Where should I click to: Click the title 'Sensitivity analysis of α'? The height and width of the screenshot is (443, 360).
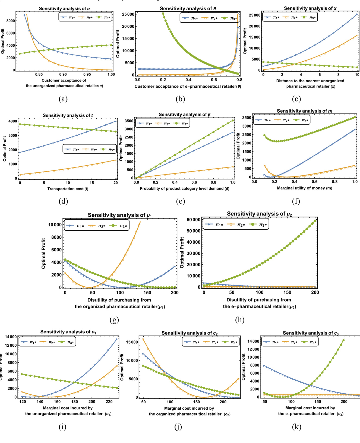click(64, 9)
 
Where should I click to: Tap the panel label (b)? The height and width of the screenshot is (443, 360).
click(180, 99)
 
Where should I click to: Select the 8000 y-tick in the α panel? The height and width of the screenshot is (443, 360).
click(11, 21)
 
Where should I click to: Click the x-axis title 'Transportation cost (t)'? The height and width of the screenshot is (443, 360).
click(68, 189)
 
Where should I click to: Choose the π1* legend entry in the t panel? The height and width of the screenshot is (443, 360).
click(72, 149)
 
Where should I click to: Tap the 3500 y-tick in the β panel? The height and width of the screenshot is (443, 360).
click(129, 121)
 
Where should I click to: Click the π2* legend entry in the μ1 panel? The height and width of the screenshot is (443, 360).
click(99, 226)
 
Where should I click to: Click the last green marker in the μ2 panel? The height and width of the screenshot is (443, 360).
click(315, 221)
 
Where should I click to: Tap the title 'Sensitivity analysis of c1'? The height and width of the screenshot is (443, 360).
click(68, 332)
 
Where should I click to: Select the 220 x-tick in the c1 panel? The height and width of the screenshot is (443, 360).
click(109, 402)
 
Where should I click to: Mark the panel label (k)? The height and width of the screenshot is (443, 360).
click(296, 427)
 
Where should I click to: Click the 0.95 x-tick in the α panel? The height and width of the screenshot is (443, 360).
click(87, 74)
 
